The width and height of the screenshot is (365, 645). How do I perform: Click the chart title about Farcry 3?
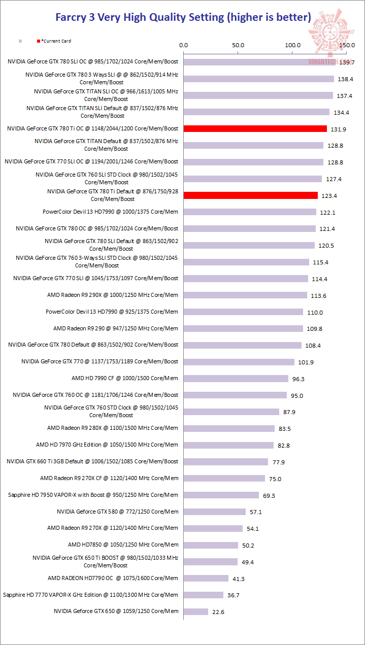183,17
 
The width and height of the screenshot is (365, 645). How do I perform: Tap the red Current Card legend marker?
38,41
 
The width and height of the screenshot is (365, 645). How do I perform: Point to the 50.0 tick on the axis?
238,45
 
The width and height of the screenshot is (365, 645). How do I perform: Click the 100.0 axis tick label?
292,45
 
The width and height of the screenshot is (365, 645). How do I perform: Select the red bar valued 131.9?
255,129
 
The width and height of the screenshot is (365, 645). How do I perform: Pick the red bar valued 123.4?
251,195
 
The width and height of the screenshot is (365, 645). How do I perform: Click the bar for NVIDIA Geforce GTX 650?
196,612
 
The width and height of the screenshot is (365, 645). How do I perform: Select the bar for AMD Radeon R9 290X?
245,295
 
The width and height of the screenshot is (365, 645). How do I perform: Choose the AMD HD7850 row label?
123,545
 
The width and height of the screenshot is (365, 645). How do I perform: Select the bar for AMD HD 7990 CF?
236,379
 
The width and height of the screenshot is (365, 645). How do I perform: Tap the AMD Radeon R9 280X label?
113,428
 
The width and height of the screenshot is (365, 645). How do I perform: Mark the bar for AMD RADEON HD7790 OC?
206,578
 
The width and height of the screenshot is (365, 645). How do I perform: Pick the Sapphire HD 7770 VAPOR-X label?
90,594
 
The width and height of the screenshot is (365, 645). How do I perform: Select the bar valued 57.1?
215,512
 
